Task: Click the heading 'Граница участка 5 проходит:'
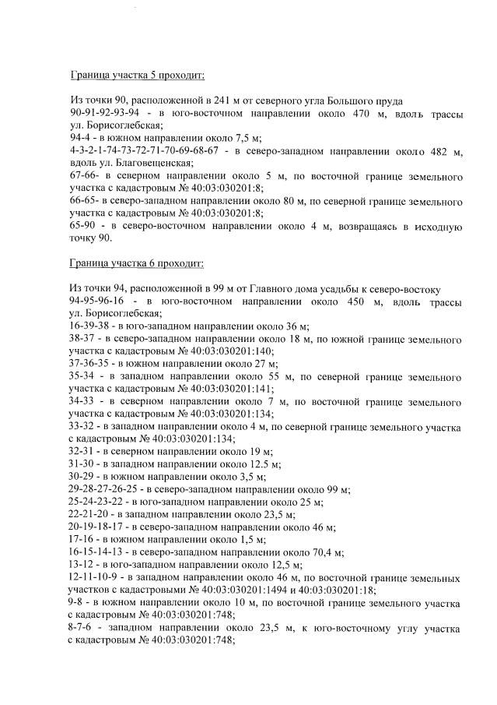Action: click(x=137, y=76)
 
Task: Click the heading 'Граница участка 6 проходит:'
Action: click(x=137, y=264)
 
